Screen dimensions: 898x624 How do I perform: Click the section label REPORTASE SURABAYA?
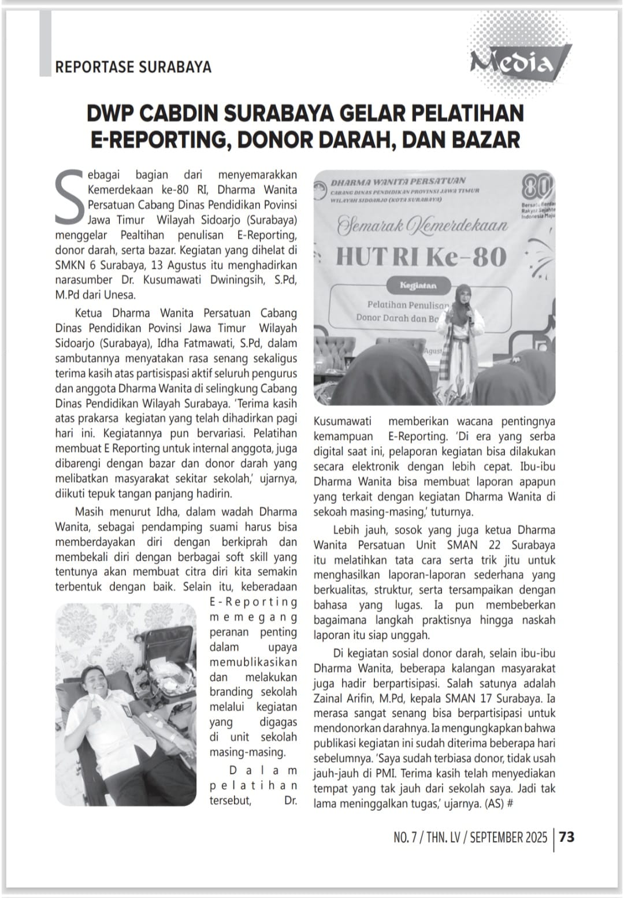click(133, 67)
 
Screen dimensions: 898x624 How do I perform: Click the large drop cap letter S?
click(70, 196)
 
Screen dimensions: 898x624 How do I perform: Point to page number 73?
click(567, 837)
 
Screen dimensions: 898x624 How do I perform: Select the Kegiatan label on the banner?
click(418, 285)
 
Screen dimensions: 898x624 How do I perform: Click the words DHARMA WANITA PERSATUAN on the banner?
click(398, 181)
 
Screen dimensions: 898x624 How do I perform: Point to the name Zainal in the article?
click(329, 698)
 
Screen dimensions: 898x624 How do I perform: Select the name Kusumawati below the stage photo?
click(343, 421)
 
